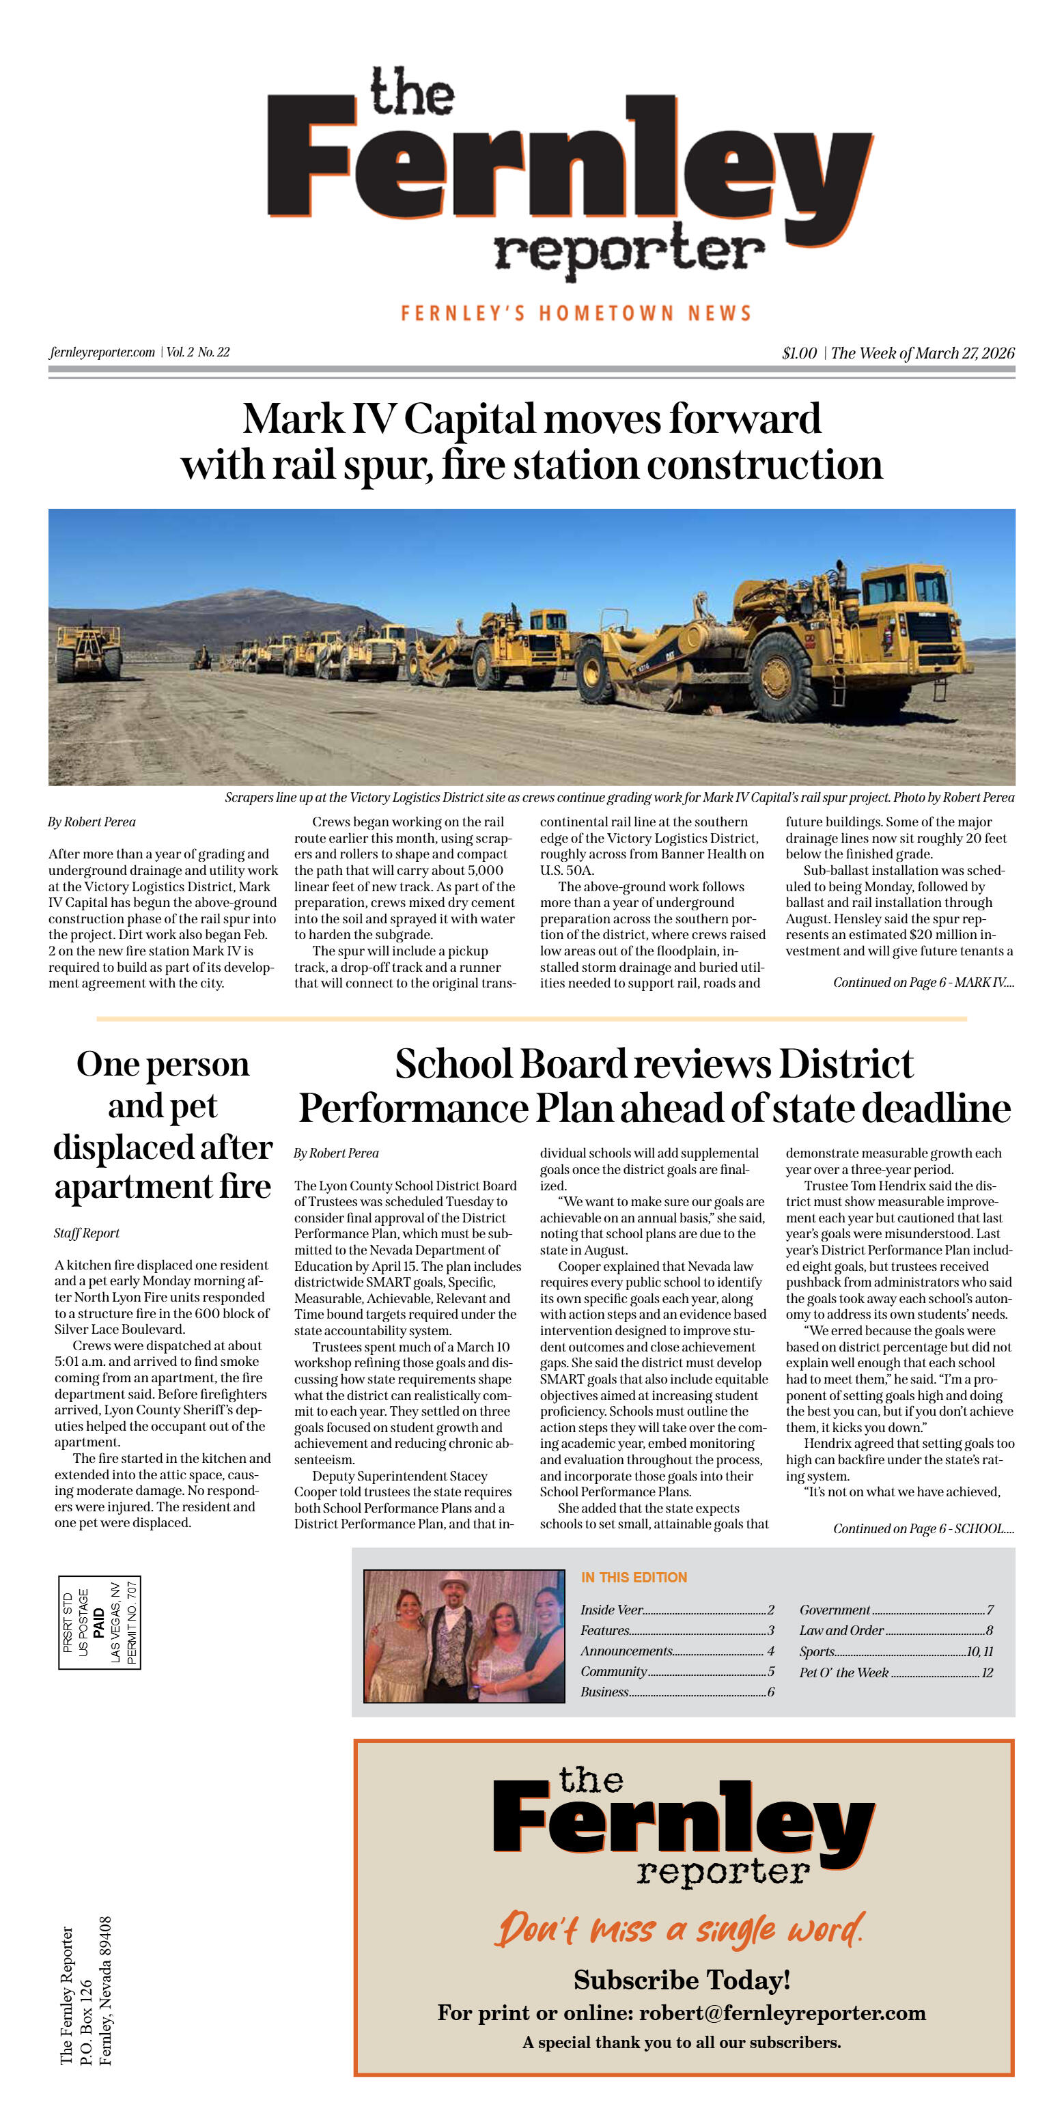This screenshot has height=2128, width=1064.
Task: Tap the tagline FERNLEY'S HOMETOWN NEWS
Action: tap(576, 313)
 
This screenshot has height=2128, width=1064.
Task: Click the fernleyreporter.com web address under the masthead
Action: tap(102, 352)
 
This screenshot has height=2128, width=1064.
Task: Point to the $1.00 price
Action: tap(799, 353)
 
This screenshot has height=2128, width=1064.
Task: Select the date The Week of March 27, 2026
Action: tap(922, 353)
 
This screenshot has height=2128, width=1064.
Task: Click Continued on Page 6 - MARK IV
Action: tap(923, 982)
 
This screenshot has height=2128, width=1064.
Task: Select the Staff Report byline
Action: tap(87, 1233)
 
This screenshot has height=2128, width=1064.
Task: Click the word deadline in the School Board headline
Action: tap(938, 1108)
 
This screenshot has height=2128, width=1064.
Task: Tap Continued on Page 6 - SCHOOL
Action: tap(923, 1528)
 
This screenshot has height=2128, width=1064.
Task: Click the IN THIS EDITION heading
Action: tap(634, 1577)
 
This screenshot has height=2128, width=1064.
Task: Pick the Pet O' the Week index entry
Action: tap(843, 1672)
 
